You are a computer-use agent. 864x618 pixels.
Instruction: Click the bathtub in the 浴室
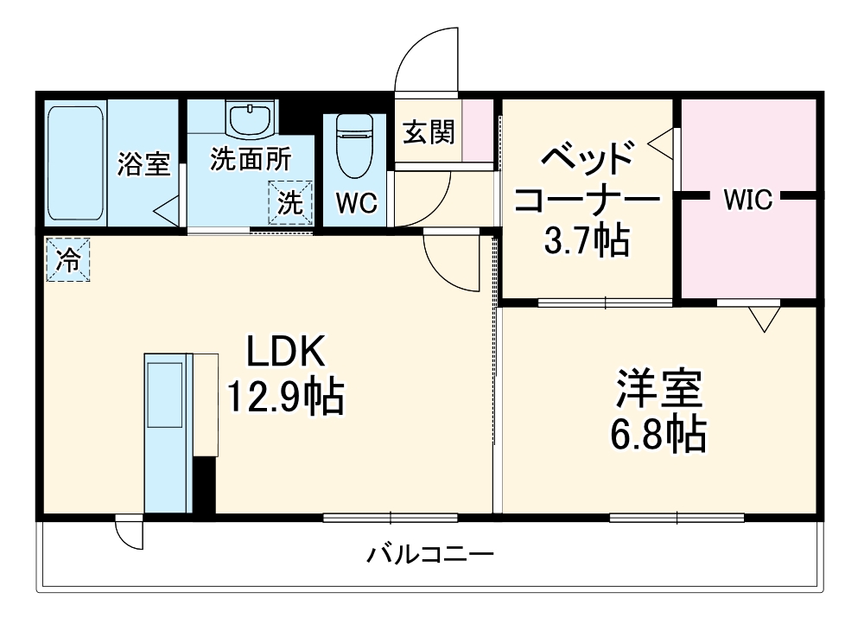coord(76,162)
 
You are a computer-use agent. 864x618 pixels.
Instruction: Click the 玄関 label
coord(429,132)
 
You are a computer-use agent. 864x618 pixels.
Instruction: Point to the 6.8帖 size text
coord(659,435)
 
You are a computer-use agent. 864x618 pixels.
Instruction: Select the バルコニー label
coord(429,553)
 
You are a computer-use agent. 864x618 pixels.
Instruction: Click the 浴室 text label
coord(144,163)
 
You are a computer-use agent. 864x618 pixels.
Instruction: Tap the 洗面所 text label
coord(251,158)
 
